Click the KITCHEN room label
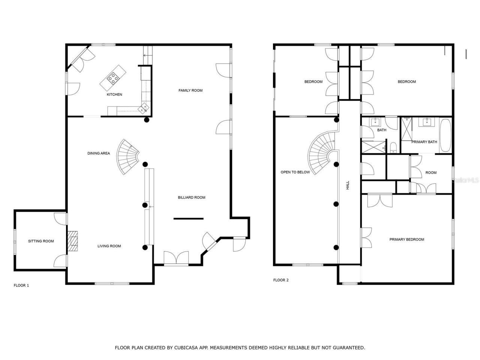[x=114, y=94]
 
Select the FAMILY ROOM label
[x=190, y=90]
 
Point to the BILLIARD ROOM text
[x=191, y=198]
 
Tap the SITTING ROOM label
[x=41, y=241]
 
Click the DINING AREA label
[x=99, y=153]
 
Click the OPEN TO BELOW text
[x=295, y=172]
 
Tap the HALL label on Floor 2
[x=348, y=185]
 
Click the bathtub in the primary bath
[x=445, y=135]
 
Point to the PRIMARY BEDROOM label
[x=406, y=240]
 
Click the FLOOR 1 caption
[x=21, y=285]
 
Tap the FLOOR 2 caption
[x=281, y=280]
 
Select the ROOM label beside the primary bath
[x=431, y=173]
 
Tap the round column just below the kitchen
[x=147, y=120]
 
